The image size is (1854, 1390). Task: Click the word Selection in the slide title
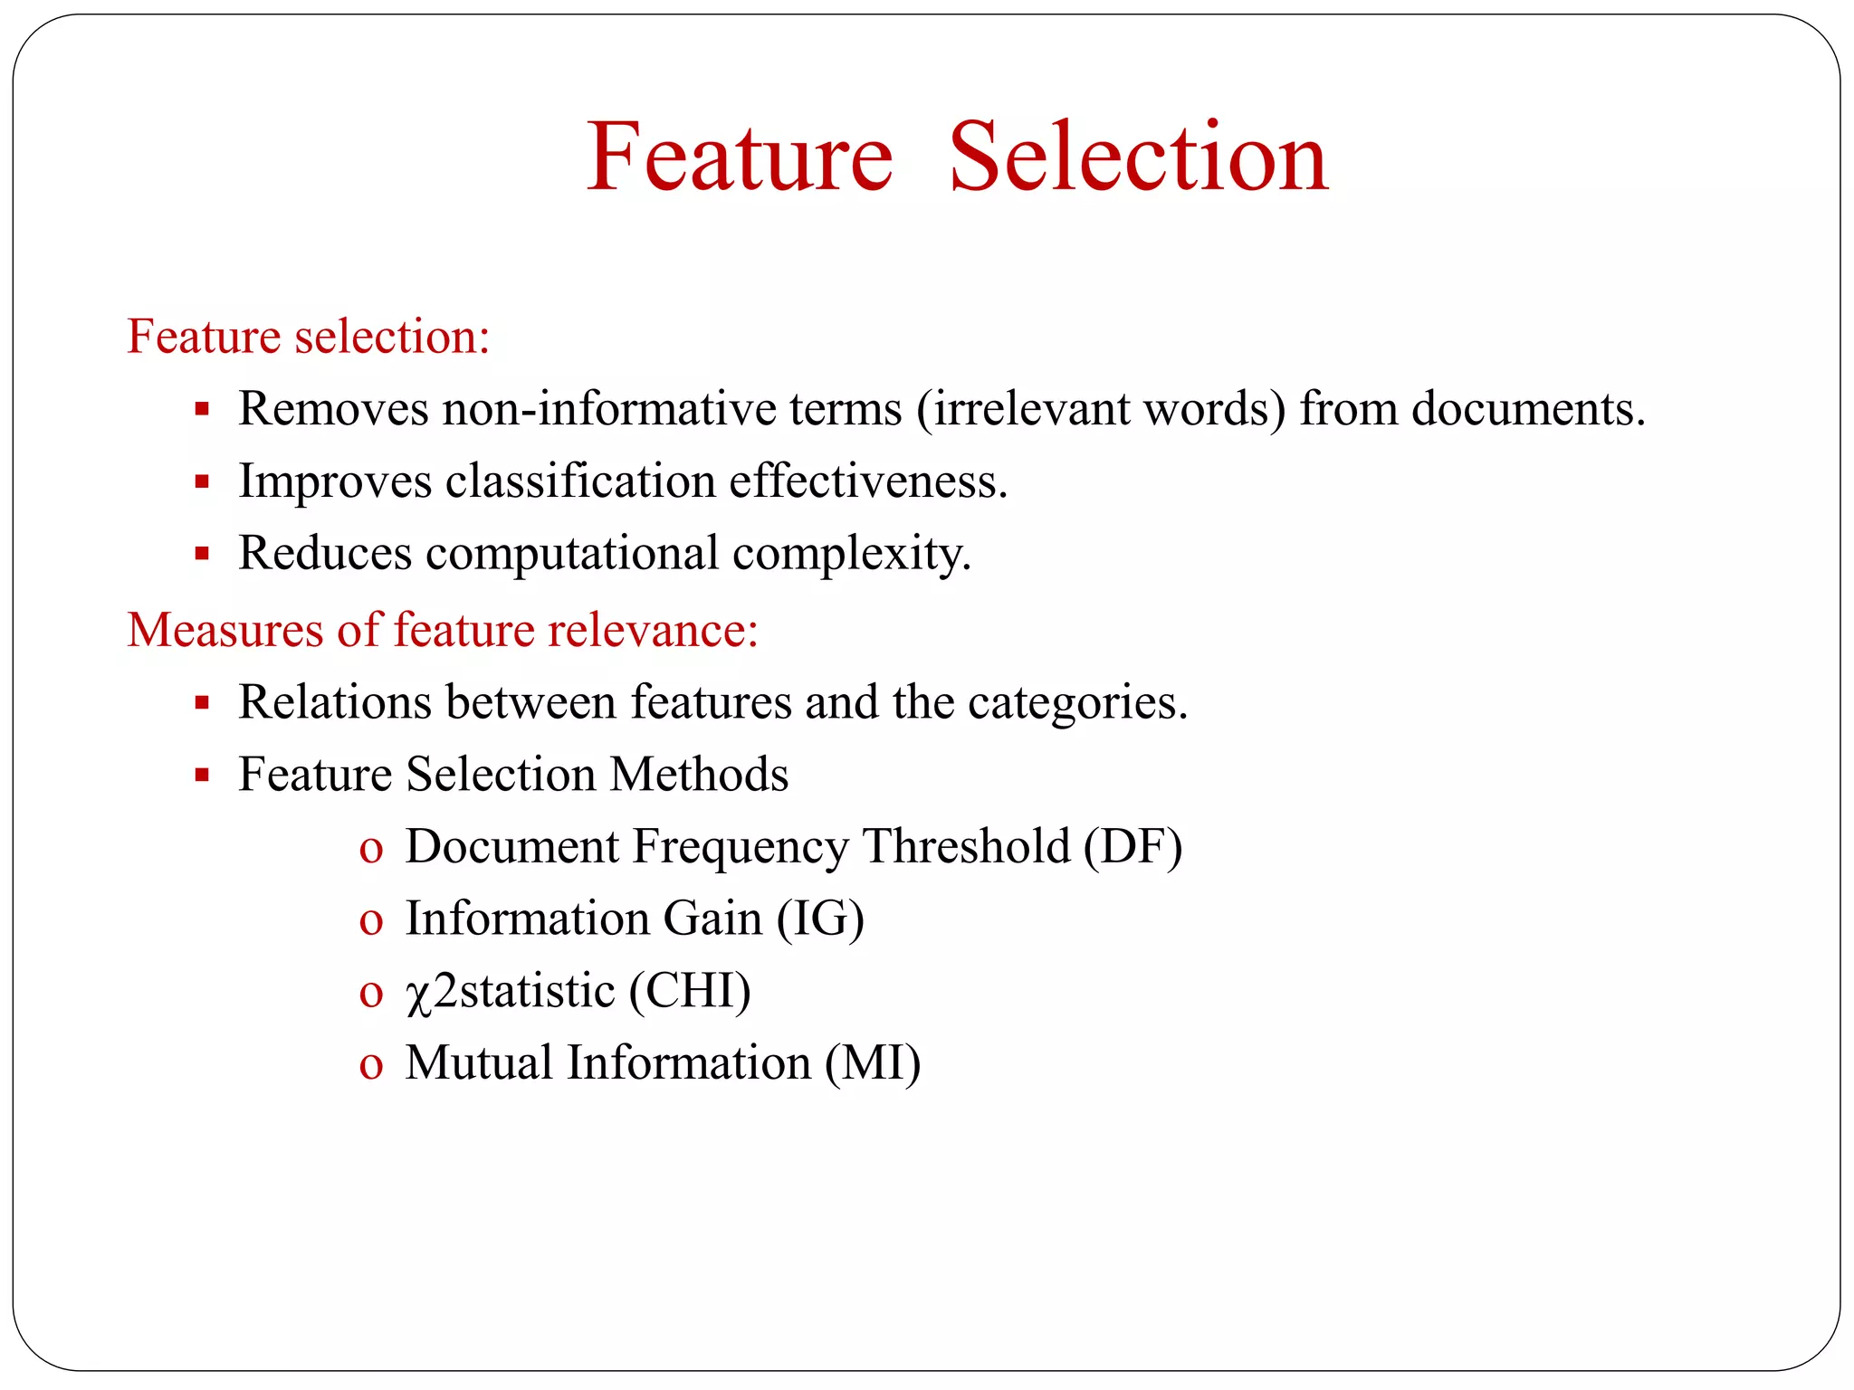tap(1138, 157)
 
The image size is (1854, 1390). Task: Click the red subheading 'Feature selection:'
tap(309, 337)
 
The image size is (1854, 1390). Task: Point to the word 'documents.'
tap(1528, 409)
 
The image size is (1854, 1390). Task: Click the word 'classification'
tap(580, 481)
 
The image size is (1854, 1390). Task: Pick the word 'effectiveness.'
tap(868, 481)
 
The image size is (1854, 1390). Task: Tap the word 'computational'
tap(572, 553)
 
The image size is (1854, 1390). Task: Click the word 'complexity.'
tap(852, 555)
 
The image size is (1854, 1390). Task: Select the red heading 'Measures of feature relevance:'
tap(443, 630)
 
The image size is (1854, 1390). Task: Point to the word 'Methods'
tap(699, 775)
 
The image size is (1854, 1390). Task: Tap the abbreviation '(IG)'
tap(820, 919)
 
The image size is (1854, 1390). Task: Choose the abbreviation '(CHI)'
tap(691, 991)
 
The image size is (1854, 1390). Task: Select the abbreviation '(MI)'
tap(873, 1063)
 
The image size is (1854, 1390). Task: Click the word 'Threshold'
tap(966, 847)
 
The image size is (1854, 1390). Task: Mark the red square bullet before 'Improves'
tap(202, 481)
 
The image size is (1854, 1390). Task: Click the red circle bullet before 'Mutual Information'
tap(371, 1065)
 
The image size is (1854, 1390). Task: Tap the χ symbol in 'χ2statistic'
tap(417, 995)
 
